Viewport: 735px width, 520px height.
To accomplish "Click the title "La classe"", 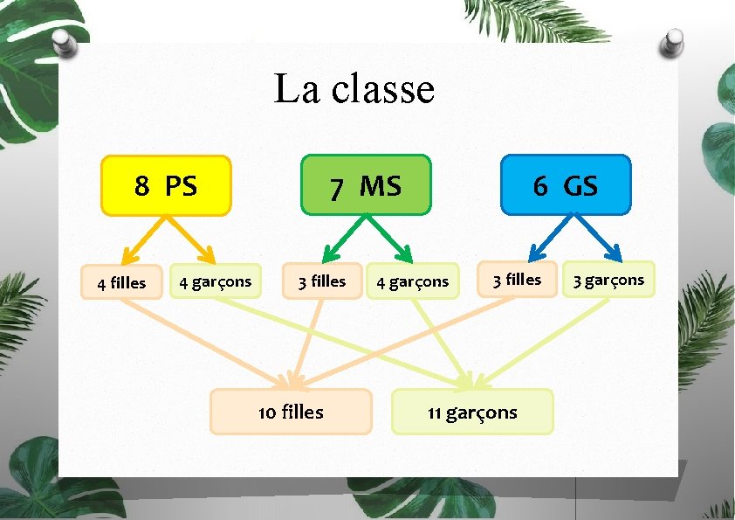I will click(354, 88).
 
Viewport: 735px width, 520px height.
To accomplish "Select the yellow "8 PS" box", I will click(166, 185).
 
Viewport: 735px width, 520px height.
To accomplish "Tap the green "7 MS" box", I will click(366, 185).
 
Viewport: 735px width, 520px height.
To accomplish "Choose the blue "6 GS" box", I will click(566, 185).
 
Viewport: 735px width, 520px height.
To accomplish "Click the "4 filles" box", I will click(121, 282).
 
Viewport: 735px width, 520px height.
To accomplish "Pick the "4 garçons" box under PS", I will click(215, 281).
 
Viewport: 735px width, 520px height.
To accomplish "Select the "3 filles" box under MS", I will click(321, 281).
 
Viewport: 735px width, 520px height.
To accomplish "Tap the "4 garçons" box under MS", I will click(412, 281).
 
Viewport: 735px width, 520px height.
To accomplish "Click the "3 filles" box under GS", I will click(517, 280).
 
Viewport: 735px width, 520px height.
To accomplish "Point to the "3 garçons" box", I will click(608, 280).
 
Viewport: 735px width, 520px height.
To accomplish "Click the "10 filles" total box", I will click(291, 412).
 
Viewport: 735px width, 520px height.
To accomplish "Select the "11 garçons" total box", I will click(472, 413).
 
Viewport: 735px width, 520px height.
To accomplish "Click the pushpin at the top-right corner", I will click(673, 41).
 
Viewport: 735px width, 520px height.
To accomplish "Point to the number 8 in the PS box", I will click(141, 185).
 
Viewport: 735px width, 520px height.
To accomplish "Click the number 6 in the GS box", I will click(540, 185).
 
